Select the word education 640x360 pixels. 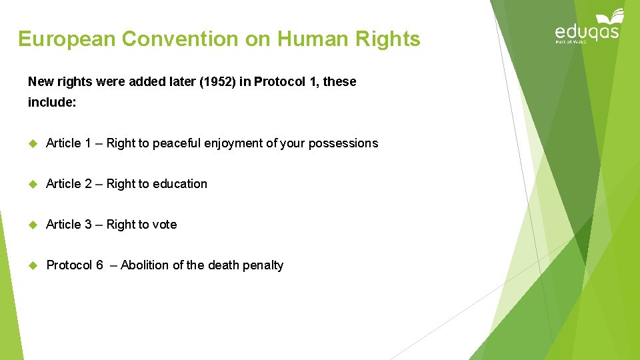[180, 184]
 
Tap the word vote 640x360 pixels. [165, 225]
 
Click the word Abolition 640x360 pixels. [145, 265]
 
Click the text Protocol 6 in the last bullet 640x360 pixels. [75, 265]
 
